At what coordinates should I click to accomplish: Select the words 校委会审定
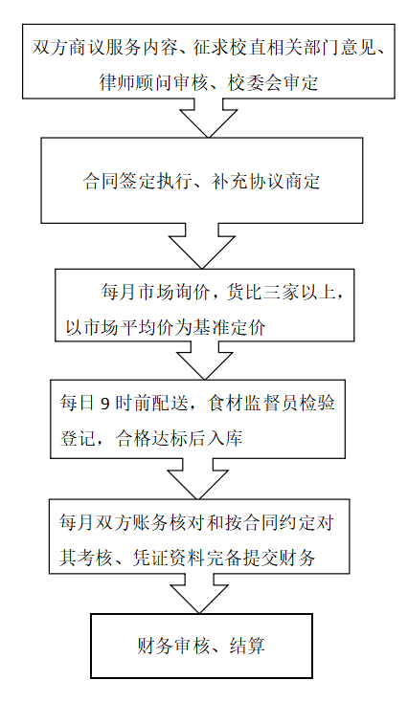(x=273, y=83)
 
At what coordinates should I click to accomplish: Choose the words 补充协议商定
(x=266, y=182)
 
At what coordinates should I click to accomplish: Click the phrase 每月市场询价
(x=155, y=293)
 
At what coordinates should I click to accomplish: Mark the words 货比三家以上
(x=281, y=293)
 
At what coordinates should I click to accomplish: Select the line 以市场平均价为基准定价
(x=166, y=328)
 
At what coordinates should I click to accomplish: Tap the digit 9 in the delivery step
(x=104, y=404)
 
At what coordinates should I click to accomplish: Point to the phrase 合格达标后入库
(x=179, y=438)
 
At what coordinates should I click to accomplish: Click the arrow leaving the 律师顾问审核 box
(x=209, y=118)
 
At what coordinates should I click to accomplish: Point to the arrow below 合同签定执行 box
(x=201, y=246)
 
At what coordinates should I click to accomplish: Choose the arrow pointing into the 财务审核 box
(x=199, y=594)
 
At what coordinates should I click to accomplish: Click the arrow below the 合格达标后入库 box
(x=197, y=478)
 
